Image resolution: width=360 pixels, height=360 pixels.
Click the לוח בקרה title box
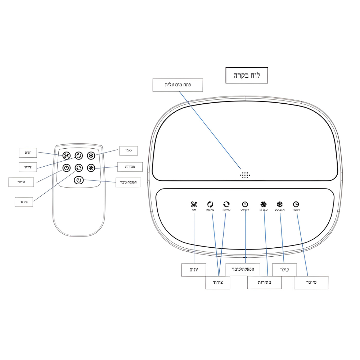pos(247,75)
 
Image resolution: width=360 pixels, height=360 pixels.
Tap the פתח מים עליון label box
pos(177,85)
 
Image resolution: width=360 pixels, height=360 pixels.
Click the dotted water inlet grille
pos(245,175)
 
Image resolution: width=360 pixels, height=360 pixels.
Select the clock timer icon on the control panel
pos(296,204)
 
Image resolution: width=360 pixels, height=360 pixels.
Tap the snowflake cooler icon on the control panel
pos(280,204)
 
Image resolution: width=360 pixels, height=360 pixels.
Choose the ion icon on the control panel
pos(194,204)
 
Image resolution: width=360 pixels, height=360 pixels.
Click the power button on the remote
pos(79,180)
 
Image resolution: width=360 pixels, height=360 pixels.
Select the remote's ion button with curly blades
pos(67,156)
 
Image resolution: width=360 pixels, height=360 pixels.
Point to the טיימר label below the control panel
pos(311,282)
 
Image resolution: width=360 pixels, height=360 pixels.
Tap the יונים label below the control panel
pos(194,269)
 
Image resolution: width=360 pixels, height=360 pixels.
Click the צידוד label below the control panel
pos(218,283)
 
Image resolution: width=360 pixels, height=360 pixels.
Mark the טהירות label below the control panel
pos(264,283)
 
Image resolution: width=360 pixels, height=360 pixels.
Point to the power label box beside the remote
pos(128,182)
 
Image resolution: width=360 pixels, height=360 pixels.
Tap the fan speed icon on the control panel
pos(264,204)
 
